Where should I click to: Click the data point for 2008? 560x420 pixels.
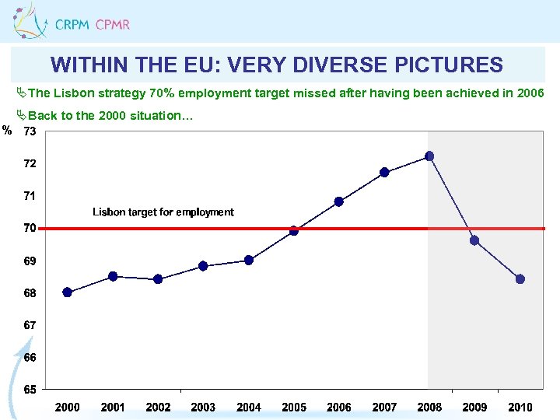[429, 156]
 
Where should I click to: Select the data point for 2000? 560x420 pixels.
[68, 292]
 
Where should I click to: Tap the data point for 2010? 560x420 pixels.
[520, 279]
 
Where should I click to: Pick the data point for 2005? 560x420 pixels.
[294, 230]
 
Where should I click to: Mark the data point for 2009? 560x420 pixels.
[474, 240]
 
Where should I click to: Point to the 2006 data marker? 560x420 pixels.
[339, 201]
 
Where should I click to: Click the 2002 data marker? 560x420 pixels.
[158, 279]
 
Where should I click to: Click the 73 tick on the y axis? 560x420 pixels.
[29, 131]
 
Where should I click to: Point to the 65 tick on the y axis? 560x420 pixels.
[29, 389]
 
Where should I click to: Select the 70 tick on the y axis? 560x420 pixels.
[29, 228]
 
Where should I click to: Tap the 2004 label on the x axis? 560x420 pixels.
[249, 407]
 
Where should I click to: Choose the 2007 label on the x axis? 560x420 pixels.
[384, 407]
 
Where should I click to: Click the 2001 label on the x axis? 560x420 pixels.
[113, 407]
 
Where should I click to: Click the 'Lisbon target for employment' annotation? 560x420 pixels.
[163, 212]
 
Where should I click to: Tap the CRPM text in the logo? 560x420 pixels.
[72, 24]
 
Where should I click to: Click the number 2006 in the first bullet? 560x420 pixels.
[530, 93]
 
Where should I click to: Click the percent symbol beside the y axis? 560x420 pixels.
[7, 130]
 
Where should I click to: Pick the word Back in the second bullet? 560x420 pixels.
[42, 116]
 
